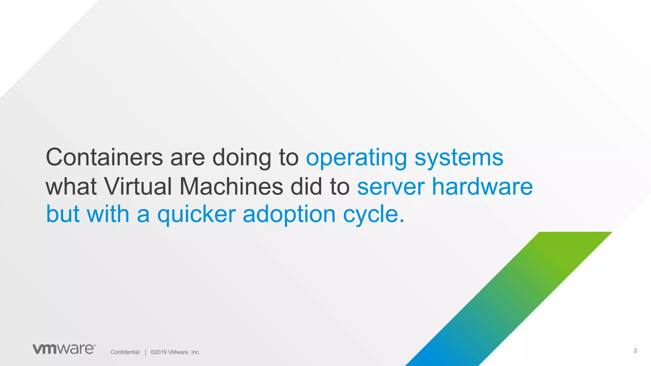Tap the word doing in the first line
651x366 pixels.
click(x=242, y=158)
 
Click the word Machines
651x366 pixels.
click(x=231, y=186)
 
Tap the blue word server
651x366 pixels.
click(x=391, y=187)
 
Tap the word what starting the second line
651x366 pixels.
click(x=71, y=186)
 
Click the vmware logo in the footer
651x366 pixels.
click(x=64, y=349)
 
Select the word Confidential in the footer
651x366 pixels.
click(x=125, y=352)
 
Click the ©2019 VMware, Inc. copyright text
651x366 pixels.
click(x=175, y=352)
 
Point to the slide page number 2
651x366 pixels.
click(x=635, y=350)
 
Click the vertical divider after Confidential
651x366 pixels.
click(x=146, y=352)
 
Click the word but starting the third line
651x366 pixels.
click(x=63, y=214)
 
